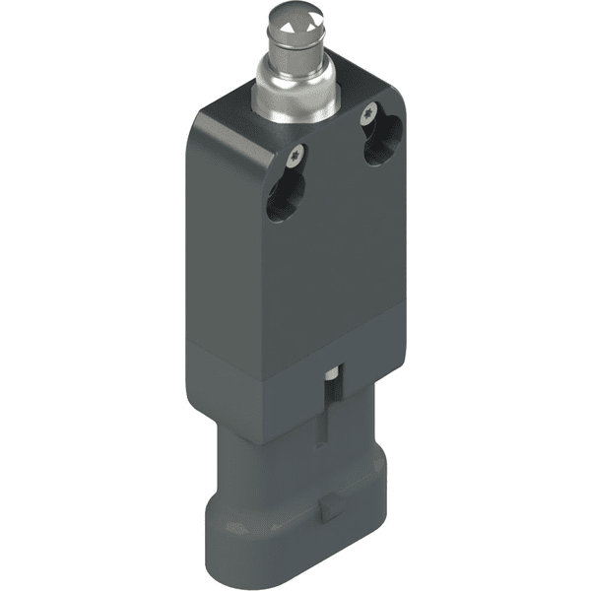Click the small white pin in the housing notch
pos(336,377)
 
